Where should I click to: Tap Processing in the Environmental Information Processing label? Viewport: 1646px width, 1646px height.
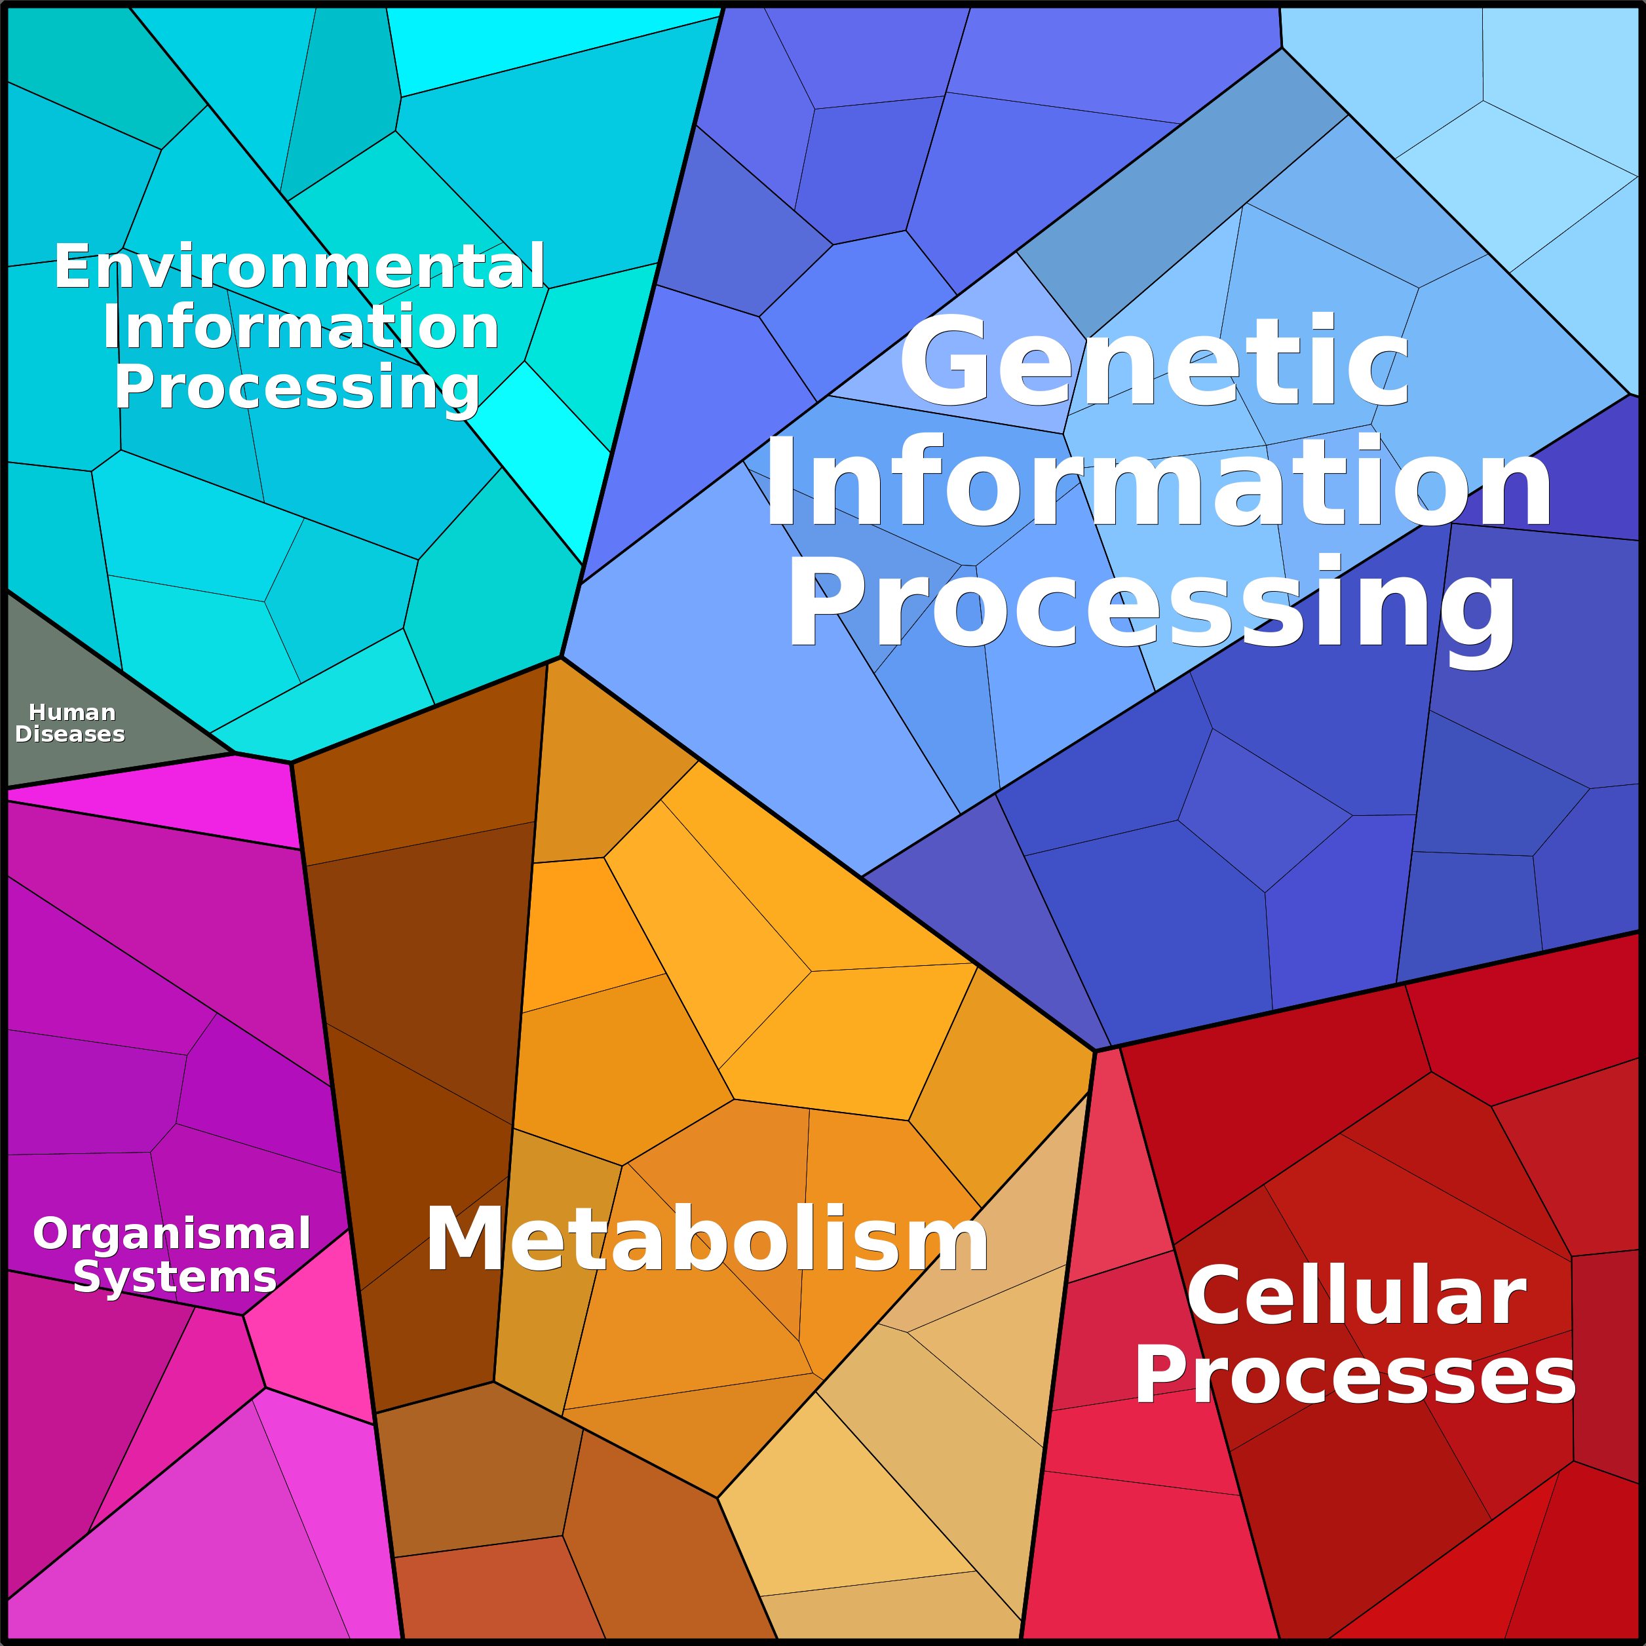(296, 388)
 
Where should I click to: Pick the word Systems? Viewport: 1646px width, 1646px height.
(175, 1277)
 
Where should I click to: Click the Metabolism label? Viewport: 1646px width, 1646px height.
(706, 1240)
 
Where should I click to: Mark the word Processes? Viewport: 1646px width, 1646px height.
(1354, 1376)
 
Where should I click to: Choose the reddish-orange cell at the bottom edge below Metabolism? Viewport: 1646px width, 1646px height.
(494, 1593)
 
